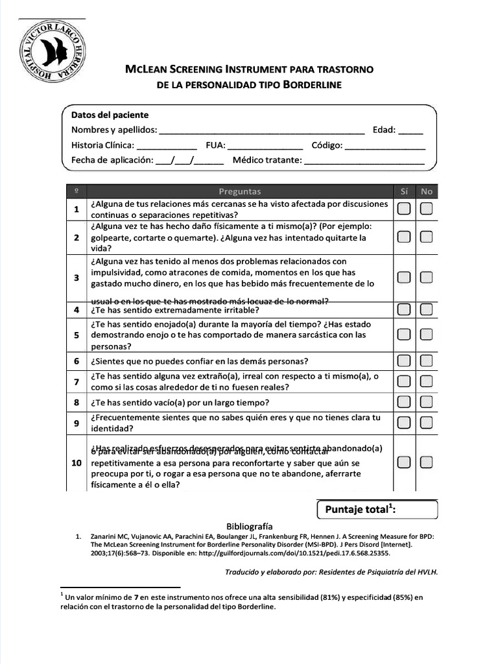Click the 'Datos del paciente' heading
tap(110, 115)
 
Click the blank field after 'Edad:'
tap(410, 130)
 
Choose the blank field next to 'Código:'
tap(385, 145)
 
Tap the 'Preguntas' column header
tap(240, 191)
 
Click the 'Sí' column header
tap(404, 191)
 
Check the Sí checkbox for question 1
tap(404, 209)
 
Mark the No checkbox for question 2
tap(426, 237)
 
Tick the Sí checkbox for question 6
tap(404, 361)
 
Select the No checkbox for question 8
tap(426, 402)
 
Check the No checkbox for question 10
tap(426, 462)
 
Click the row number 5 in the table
tap(77, 335)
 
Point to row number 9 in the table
tap(77, 423)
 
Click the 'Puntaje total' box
tap(377, 510)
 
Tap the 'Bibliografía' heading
tap(249, 527)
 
